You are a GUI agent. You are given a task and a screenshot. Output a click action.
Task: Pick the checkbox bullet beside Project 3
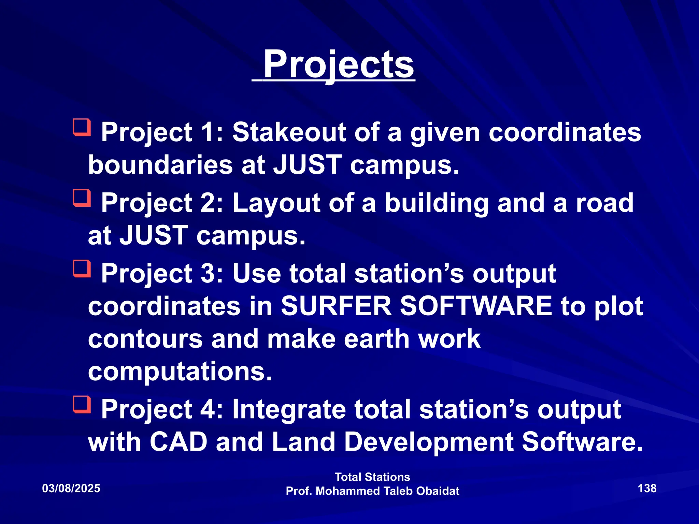(82, 268)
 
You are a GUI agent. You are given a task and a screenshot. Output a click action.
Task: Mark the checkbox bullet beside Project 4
(82, 405)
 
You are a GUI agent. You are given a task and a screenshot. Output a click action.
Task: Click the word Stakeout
(289, 132)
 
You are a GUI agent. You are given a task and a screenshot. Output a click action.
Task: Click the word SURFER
(336, 306)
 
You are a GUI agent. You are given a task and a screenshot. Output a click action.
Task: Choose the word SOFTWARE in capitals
(476, 306)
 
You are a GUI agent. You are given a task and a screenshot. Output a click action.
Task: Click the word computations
(180, 372)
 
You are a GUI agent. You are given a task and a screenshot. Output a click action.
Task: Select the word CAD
(178, 442)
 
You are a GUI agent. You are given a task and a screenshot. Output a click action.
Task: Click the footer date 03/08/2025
(71, 489)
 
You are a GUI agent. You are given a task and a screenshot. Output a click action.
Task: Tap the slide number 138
(647, 489)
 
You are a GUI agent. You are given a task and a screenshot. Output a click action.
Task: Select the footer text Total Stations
(372, 477)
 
